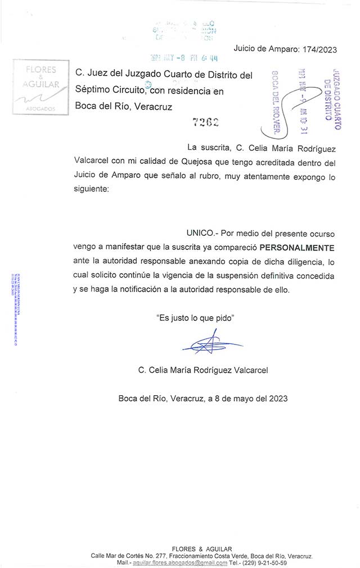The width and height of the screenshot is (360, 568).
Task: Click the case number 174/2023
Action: tap(319, 50)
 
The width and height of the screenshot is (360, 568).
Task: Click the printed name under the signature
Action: tap(203, 370)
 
